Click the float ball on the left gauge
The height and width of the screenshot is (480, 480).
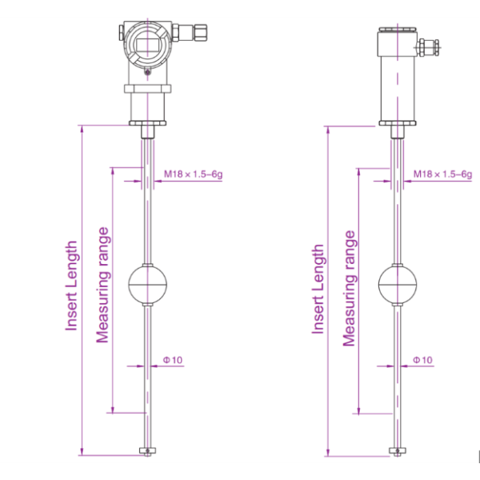(147, 284)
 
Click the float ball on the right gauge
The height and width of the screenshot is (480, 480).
(398, 284)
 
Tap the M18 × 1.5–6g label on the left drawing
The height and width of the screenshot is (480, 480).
(193, 174)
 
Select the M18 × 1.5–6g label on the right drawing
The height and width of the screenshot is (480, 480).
(442, 174)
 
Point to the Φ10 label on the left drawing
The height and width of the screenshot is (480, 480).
(173, 360)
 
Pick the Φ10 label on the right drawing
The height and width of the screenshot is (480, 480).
(422, 360)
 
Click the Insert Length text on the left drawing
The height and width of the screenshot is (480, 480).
(71, 286)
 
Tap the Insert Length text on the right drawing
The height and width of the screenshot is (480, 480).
(318, 289)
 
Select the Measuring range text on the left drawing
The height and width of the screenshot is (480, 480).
(102, 285)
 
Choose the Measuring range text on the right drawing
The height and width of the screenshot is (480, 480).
(349, 288)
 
